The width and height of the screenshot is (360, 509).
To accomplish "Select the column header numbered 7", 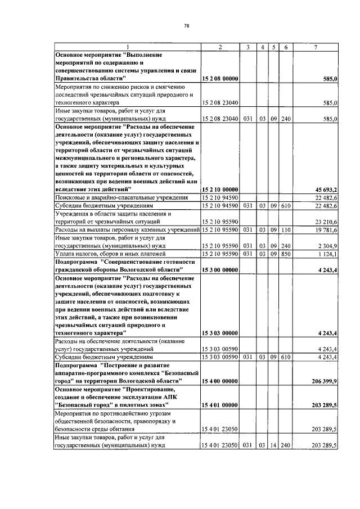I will [x=316, y=47].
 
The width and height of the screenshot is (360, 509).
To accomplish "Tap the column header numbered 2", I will [x=220, y=47].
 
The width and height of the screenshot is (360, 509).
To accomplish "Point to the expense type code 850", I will [x=286, y=254].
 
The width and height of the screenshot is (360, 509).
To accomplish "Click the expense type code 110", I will [x=286, y=230].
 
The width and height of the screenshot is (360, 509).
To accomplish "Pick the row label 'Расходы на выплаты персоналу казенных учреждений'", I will [x=127, y=230].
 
